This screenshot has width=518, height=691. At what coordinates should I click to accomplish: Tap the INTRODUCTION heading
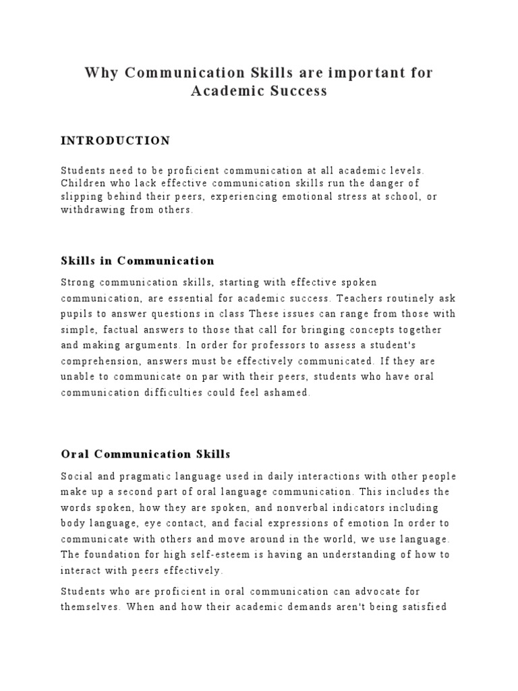coord(115,141)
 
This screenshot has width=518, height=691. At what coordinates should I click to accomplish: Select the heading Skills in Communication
coord(138,260)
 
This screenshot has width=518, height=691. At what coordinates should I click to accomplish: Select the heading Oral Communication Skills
coord(146,454)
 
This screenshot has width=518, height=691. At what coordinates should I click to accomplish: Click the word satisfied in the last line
coord(420,608)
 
